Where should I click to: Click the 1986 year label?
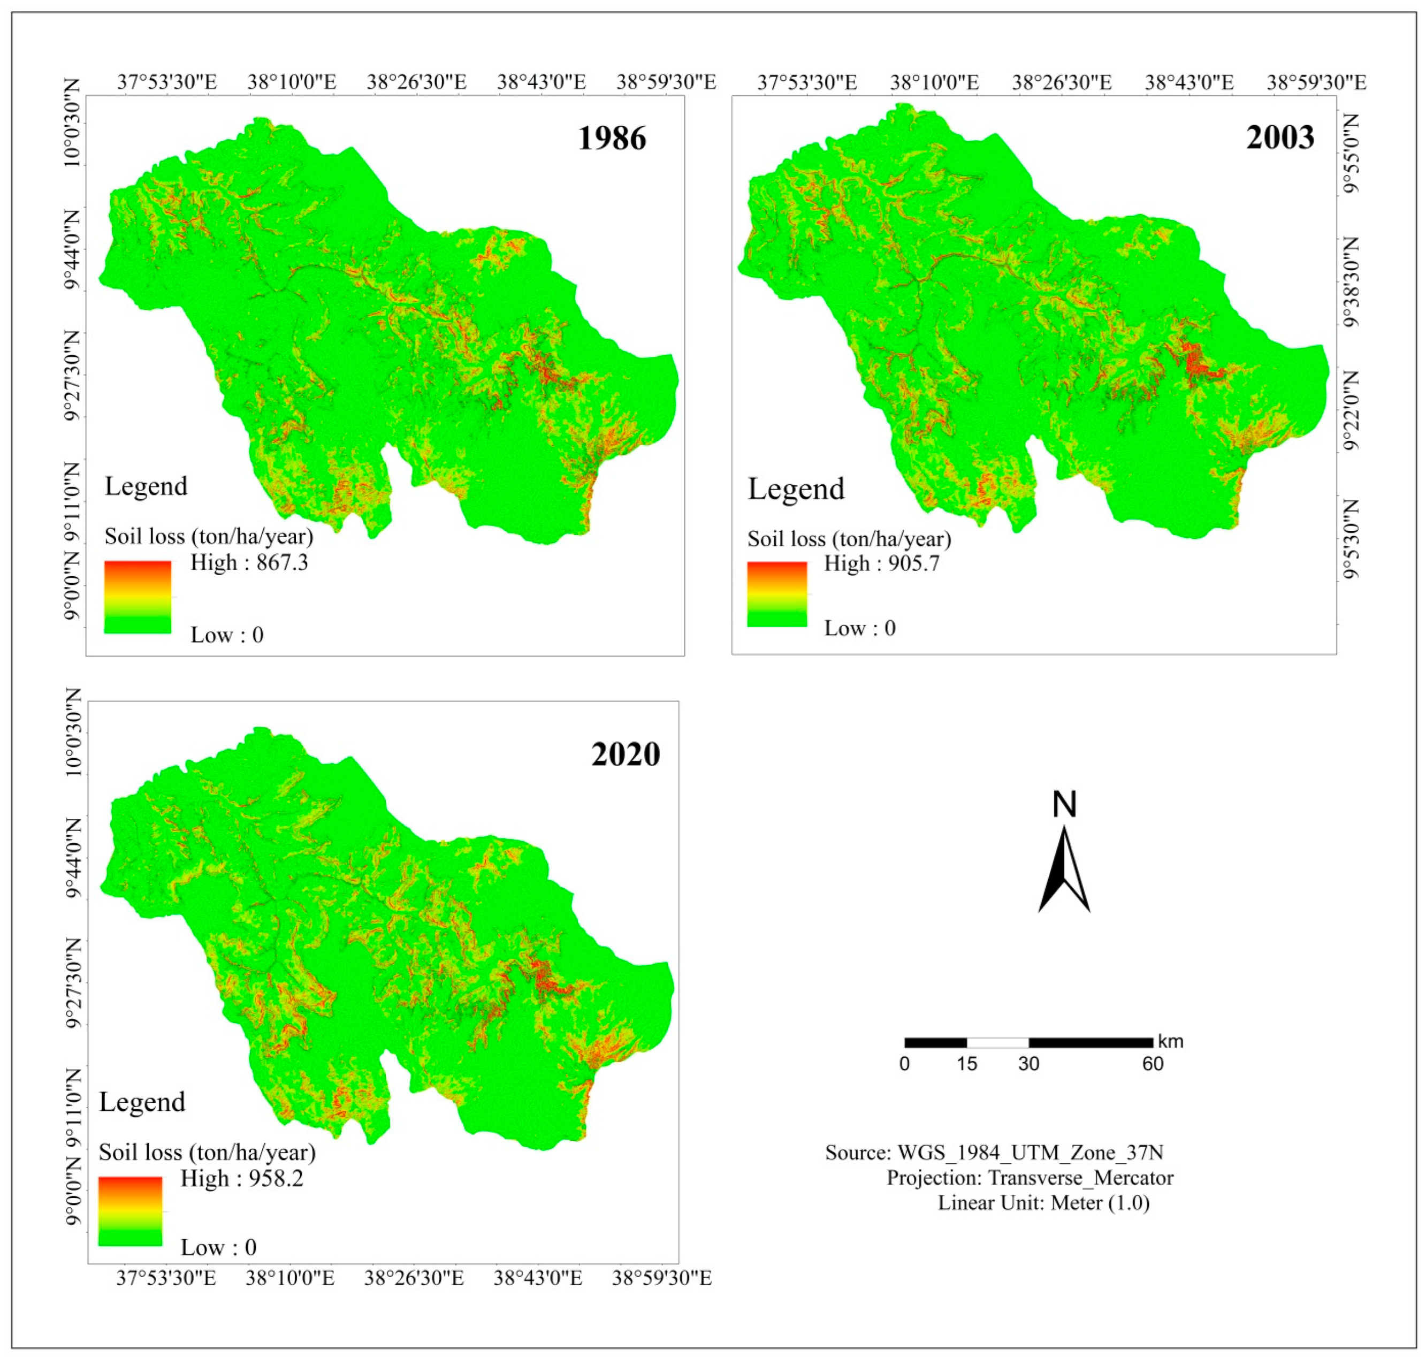[x=611, y=138]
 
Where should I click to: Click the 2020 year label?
[x=626, y=754]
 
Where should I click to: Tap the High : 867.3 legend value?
[x=249, y=562]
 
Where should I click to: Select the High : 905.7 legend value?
[x=882, y=563]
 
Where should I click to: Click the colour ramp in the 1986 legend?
[x=138, y=597]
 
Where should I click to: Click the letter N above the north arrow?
[x=1064, y=804]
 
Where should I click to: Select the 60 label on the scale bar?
[x=1153, y=1063]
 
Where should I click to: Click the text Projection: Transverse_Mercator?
[x=1030, y=1178]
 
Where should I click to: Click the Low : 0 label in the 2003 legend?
[x=859, y=628]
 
